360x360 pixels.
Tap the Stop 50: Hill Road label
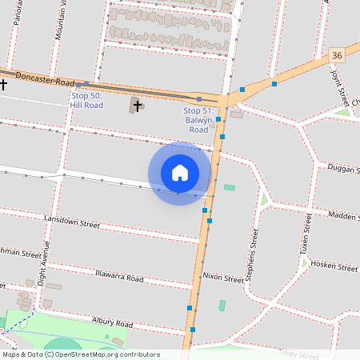[86, 100]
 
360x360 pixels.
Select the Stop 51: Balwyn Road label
[198, 120]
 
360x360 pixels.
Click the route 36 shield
[336, 55]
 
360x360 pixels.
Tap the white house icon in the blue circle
[180, 173]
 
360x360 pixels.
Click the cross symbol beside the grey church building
[138, 105]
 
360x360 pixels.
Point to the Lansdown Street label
[72, 221]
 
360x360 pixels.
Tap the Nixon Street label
[222, 278]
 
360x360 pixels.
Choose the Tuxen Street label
[306, 233]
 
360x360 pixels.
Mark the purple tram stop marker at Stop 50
[86, 84]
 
